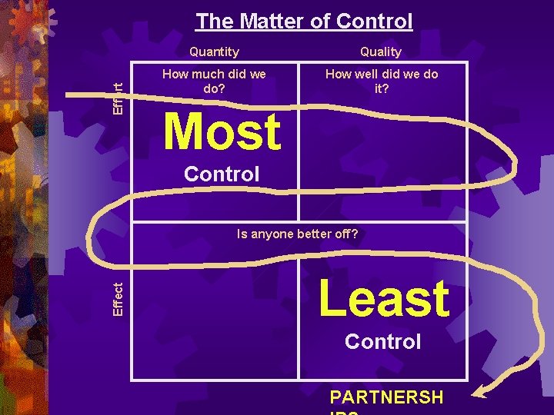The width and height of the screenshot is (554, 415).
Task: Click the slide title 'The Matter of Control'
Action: tap(304, 22)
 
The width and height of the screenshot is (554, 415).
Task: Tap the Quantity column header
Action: tap(214, 51)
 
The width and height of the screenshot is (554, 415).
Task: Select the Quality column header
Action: tap(381, 51)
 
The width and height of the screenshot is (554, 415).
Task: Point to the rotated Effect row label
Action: tap(118, 298)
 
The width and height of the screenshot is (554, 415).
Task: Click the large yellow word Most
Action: tap(222, 131)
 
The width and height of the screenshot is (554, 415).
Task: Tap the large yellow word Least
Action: tap(383, 298)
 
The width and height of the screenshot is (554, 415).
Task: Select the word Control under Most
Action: tap(222, 174)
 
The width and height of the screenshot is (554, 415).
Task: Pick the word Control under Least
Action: tap(382, 341)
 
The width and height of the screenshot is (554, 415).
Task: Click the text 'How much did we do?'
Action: tap(214, 81)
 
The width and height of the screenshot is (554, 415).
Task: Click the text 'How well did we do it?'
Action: tap(382, 81)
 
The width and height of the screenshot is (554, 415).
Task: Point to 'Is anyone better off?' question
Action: tap(297, 234)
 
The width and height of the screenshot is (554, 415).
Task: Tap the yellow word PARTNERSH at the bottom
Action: tap(386, 397)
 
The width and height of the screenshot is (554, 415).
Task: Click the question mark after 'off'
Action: tap(354, 234)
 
